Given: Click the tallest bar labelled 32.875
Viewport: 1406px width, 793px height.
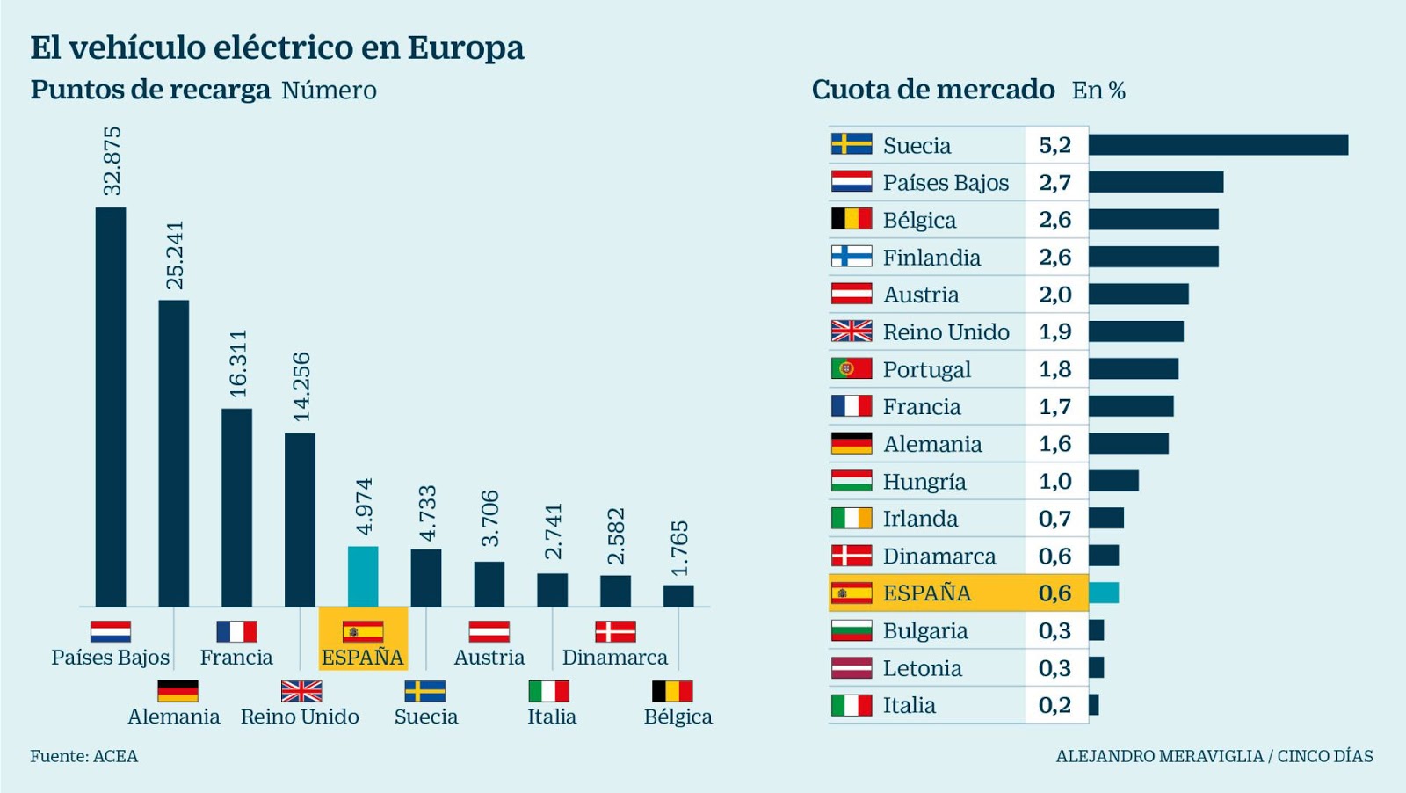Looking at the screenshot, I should tap(111, 406).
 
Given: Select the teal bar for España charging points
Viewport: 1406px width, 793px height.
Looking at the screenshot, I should tap(363, 576).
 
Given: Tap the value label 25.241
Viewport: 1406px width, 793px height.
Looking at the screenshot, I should tap(175, 255).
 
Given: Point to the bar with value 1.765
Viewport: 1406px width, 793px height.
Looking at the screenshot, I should tap(678, 595).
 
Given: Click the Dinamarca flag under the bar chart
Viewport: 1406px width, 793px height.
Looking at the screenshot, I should tap(615, 631).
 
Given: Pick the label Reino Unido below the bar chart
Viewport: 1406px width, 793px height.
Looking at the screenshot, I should tap(300, 717).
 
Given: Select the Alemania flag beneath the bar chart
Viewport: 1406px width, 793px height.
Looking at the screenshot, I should tap(178, 691).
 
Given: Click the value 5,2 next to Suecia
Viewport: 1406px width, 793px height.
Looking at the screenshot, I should tap(1055, 145).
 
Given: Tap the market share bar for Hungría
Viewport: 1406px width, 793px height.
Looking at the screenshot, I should tap(1113, 481).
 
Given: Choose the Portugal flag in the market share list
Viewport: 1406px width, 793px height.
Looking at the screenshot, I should tap(852, 368).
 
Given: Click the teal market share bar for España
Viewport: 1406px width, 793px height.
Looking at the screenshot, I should tap(1104, 593).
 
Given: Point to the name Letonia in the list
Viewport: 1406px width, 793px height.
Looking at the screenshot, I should tap(922, 668).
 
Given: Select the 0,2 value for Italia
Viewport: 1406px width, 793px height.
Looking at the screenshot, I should tap(1054, 705).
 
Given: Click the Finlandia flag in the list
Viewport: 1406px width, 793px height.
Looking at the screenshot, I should tap(852, 257).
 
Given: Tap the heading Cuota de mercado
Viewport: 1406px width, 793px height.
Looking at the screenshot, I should tap(933, 90).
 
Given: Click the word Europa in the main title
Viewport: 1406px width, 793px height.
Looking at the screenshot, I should tap(466, 47).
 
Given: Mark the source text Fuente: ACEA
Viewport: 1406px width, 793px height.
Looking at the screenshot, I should tap(84, 756).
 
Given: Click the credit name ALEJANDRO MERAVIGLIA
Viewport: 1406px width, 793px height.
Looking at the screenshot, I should tap(1159, 756).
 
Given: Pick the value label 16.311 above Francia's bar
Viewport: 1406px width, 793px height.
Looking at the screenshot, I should tap(238, 363).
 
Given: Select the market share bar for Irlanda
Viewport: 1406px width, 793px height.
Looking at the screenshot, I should tap(1106, 518).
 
